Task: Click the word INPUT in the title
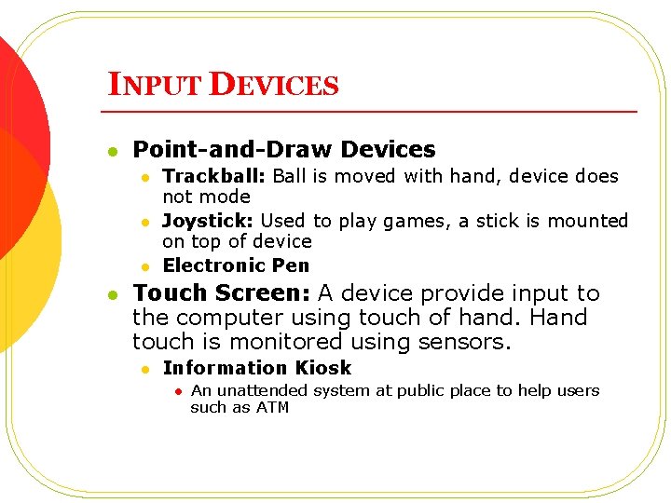(156, 85)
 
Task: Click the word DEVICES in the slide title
(274, 85)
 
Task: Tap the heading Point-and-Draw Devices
(284, 149)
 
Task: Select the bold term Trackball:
(215, 176)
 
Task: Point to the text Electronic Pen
(236, 265)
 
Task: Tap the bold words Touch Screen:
(222, 292)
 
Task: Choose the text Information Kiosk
(256, 368)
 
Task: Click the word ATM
(274, 407)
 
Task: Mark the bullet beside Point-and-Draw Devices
(113, 150)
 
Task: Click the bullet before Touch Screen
(113, 294)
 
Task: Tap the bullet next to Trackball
(145, 176)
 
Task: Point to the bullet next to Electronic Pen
(145, 266)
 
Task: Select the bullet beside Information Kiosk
(145, 369)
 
